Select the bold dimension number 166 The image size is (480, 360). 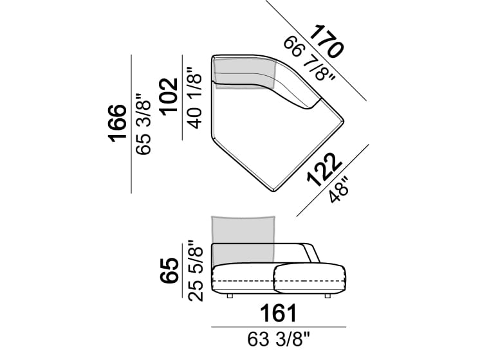117,123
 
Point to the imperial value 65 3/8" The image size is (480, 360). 143,124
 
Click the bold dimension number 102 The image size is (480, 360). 169,97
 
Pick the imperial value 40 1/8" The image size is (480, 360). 195,97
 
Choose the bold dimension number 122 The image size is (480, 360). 324,170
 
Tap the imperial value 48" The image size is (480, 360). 339,190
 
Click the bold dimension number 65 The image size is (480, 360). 169,271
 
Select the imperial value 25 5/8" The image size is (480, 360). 196,271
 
